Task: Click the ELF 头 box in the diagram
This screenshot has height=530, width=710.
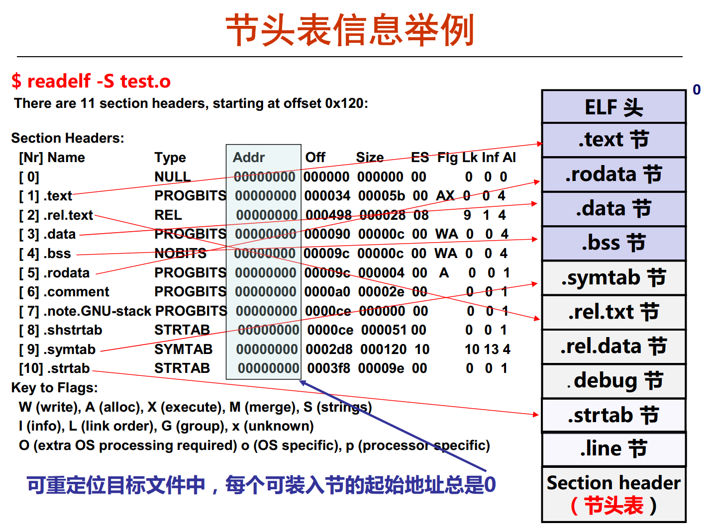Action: click(x=613, y=106)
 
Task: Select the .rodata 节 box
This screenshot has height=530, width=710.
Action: click(x=613, y=175)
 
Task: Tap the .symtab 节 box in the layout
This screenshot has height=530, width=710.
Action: click(x=613, y=278)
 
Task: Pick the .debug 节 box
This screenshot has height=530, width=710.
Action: click(x=613, y=381)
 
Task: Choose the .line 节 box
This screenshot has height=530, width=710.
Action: click(x=613, y=449)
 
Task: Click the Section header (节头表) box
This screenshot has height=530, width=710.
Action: click(x=613, y=494)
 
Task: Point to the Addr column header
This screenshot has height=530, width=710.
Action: click(x=248, y=158)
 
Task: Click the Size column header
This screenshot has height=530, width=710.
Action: click(x=370, y=158)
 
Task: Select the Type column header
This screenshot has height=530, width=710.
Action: click(x=170, y=158)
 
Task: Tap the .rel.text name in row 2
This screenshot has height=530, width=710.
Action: click(x=68, y=215)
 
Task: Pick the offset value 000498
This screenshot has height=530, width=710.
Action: click(x=328, y=215)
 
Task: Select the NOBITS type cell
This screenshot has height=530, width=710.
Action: click(x=180, y=254)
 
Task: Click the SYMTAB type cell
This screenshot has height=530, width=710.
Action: click(x=184, y=350)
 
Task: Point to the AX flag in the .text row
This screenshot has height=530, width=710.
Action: click(x=445, y=196)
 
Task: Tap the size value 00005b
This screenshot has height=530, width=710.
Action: click(x=381, y=196)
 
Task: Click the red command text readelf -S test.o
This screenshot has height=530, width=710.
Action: click(x=99, y=81)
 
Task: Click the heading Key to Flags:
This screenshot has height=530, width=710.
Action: click(x=54, y=388)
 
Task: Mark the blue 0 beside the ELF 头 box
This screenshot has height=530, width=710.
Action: click(x=697, y=90)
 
